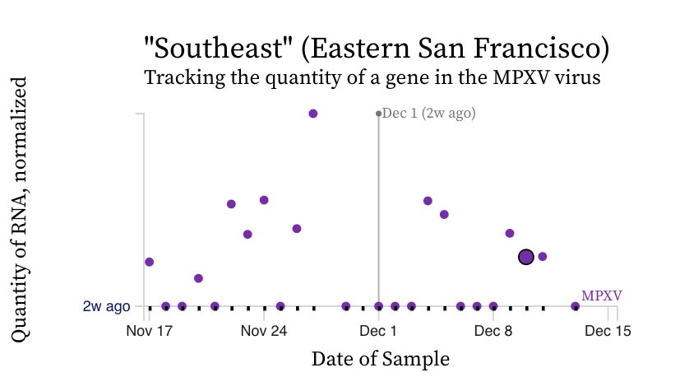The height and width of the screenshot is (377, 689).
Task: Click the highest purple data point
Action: tap(313, 114)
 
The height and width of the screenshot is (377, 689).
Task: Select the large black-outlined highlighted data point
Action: tap(526, 257)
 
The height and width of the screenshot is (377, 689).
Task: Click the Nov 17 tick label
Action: tap(150, 332)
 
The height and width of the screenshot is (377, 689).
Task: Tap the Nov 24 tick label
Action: tap(264, 332)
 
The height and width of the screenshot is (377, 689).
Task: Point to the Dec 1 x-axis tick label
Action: tap(379, 332)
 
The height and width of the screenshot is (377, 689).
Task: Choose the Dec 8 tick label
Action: tap(493, 332)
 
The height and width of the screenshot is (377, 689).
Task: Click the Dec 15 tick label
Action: tap(608, 332)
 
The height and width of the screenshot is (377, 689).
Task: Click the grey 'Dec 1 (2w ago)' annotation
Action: tap(429, 114)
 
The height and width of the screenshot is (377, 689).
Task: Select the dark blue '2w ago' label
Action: tap(106, 306)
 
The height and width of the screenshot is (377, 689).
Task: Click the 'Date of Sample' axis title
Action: tap(381, 359)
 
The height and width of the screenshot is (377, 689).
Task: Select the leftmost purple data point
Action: tap(149, 262)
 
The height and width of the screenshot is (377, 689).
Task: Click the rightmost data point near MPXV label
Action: tap(575, 306)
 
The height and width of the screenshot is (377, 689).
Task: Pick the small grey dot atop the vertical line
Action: tap(378, 114)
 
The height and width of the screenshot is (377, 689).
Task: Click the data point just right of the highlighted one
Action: tap(543, 256)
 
